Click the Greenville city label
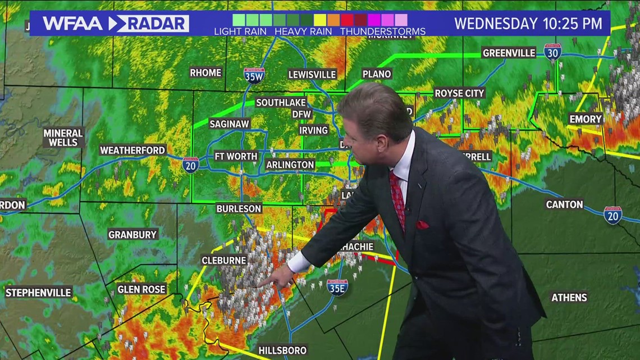(x=509, y=53)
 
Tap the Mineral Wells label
(x=63, y=138)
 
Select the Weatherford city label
(x=132, y=151)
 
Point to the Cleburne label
(x=224, y=261)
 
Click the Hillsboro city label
(x=282, y=350)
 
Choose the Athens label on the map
(x=569, y=298)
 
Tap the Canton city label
(x=564, y=205)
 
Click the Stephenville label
(x=39, y=293)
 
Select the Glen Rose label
(x=141, y=290)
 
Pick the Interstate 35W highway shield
(x=254, y=75)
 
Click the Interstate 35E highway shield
(x=337, y=287)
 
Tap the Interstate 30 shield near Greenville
(x=552, y=52)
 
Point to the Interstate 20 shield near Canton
(x=612, y=215)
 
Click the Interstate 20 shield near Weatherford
(x=190, y=165)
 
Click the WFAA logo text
(x=72, y=24)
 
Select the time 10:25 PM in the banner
(x=572, y=24)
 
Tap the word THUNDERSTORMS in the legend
(x=374, y=31)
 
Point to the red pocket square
(x=422, y=225)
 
